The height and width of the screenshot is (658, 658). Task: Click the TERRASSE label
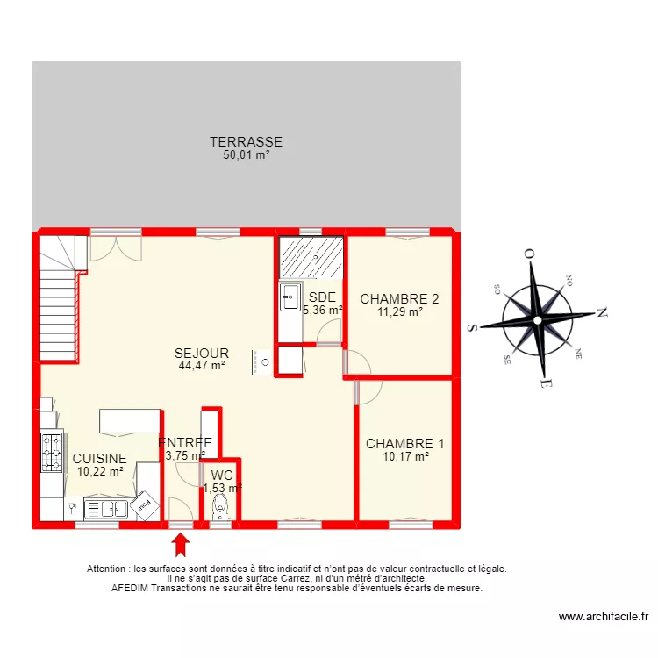(246, 142)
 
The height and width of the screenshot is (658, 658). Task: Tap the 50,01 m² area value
(246, 154)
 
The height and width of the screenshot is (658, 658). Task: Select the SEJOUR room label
(202, 353)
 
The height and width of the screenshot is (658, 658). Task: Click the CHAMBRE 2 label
(399, 299)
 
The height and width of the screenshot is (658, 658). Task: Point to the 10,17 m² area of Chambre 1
(405, 456)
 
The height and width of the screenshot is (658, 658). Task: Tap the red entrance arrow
(181, 545)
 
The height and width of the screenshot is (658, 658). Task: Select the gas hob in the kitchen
(52, 453)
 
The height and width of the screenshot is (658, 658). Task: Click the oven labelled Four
(145, 505)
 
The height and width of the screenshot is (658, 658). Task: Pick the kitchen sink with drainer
(106, 509)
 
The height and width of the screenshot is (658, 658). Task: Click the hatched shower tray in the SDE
(311, 257)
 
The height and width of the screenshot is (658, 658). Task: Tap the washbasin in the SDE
(290, 297)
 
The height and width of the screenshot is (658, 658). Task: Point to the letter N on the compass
(602, 312)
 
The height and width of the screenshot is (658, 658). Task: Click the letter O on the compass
(529, 254)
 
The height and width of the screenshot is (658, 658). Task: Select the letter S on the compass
(473, 328)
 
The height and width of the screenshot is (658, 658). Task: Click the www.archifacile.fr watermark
(604, 617)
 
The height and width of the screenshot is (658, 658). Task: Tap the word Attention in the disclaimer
(106, 569)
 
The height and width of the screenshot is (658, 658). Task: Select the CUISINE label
(99, 458)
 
